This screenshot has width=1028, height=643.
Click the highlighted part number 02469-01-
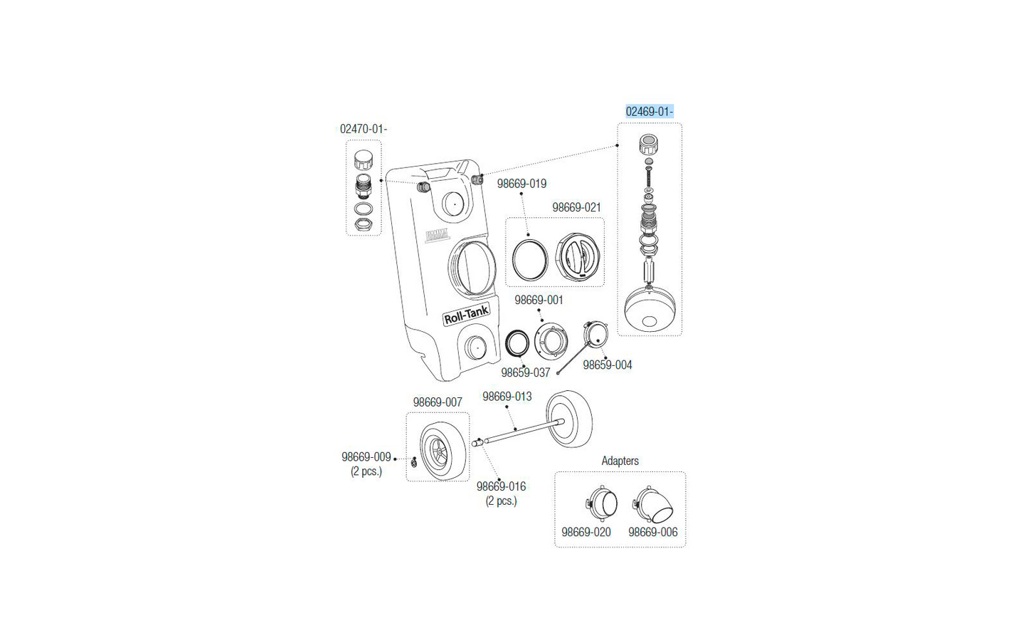(650, 112)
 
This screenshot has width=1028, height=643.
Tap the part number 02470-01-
(364, 129)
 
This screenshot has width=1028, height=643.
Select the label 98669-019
(521, 184)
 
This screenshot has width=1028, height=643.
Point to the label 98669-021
(576, 208)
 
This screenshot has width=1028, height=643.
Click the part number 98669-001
(539, 300)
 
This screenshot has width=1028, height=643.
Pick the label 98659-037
(526, 372)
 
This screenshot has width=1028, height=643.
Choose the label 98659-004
(608, 365)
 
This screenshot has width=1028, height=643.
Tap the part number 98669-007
(438, 402)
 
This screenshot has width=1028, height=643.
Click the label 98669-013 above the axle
(507, 397)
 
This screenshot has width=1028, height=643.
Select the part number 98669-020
(586, 533)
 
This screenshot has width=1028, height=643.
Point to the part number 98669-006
(653, 533)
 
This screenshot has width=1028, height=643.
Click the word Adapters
(620, 461)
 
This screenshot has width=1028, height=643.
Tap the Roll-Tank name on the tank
(466, 315)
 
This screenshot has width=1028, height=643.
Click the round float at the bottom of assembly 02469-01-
(650, 308)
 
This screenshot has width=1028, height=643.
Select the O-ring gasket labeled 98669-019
(530, 259)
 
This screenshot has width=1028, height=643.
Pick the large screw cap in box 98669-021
(578, 256)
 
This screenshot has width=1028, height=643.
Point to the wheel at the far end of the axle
(569, 419)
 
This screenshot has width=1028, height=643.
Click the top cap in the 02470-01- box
(364, 160)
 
